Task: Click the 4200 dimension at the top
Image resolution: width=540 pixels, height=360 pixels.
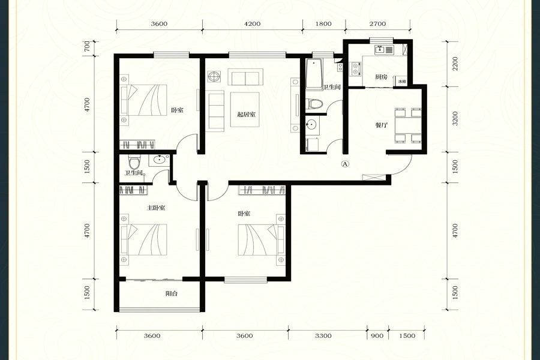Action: pyautogui.click(x=252, y=24)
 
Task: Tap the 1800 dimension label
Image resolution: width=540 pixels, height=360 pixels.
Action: pyautogui.click(x=323, y=24)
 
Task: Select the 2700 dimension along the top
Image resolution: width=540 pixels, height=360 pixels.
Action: pyautogui.click(x=377, y=24)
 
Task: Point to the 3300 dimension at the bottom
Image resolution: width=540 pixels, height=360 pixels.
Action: pyautogui.click(x=323, y=335)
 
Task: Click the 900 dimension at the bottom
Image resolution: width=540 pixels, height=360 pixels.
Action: pyautogui.click(x=377, y=335)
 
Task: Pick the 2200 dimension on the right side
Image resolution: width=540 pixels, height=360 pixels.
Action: pyautogui.click(x=455, y=64)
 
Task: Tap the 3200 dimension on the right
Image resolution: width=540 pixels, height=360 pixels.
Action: pyautogui.click(x=455, y=119)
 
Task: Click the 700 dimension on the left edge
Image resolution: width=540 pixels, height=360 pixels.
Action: pyautogui.click(x=87, y=46)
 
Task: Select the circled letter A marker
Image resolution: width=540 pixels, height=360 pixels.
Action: pyautogui.click(x=345, y=164)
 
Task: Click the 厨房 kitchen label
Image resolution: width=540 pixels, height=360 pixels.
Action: pyautogui.click(x=381, y=76)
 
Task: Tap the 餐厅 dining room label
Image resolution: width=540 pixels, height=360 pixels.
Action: pyautogui.click(x=381, y=125)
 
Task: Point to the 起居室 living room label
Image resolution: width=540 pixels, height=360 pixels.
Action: pyautogui.click(x=246, y=115)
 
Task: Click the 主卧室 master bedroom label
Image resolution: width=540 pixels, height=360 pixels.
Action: pyautogui.click(x=156, y=208)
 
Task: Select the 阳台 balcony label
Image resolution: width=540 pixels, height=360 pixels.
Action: pyautogui.click(x=172, y=293)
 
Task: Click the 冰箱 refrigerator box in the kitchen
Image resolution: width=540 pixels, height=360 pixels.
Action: pyautogui.click(x=401, y=82)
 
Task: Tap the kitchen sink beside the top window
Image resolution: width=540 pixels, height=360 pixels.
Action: pyautogui.click(x=384, y=50)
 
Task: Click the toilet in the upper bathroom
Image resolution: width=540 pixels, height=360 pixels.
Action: pyautogui.click(x=314, y=103)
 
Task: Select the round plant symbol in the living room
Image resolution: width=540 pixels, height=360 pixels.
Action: pyautogui.click(x=214, y=76)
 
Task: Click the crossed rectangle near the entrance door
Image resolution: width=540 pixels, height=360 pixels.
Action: pyautogui.click(x=374, y=178)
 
